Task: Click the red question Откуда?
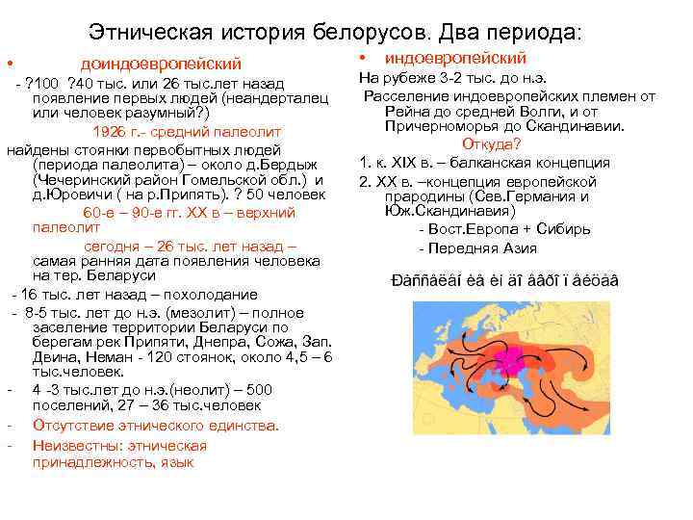pyautogui.click(x=492, y=144)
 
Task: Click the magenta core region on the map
pyautogui.click(x=507, y=358)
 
